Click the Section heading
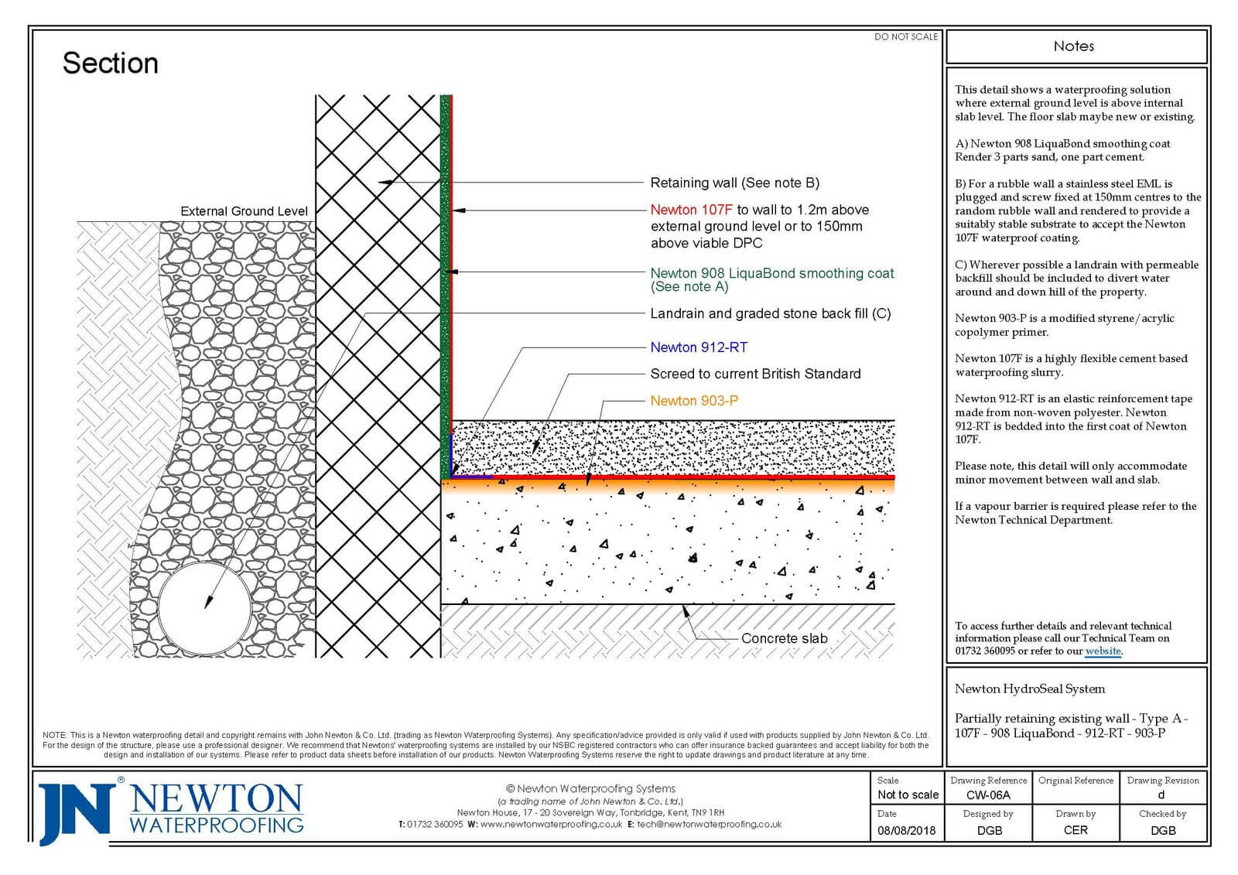pyautogui.click(x=110, y=63)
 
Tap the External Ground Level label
pyautogui.click(x=244, y=211)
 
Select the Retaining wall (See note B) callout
pyautogui.click(x=734, y=183)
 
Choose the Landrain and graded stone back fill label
pyautogui.click(x=770, y=313)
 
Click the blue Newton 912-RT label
pyautogui.click(x=699, y=347)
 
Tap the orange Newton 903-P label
pyautogui.click(x=694, y=401)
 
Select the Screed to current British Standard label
pyautogui.click(x=755, y=374)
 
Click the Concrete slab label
pyautogui.click(x=784, y=638)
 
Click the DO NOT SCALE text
pyautogui.click(x=905, y=36)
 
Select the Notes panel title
pyautogui.click(x=1074, y=46)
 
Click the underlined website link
pyautogui.click(x=1103, y=651)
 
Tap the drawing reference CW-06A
pyautogui.click(x=988, y=795)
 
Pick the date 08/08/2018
pyautogui.click(x=906, y=830)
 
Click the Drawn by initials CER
pyautogui.click(x=1076, y=830)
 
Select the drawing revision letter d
pyautogui.click(x=1161, y=795)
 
